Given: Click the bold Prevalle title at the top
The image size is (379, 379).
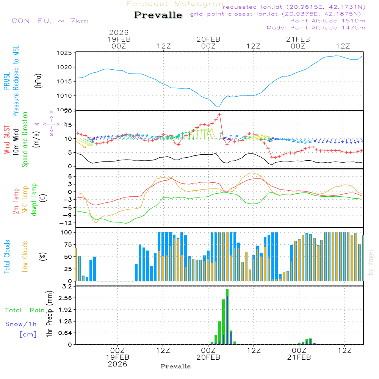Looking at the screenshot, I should [x=158, y=15].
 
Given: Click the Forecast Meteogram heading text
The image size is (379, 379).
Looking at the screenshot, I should [x=177, y=4].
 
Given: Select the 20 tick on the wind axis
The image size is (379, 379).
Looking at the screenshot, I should [x=68, y=111].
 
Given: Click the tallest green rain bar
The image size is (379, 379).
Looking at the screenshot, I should [x=227, y=316].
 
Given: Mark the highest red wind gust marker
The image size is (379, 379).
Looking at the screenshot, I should [x=219, y=114].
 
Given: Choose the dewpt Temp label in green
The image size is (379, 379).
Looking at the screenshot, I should [x=34, y=199].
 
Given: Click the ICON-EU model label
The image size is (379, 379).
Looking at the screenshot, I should [x=49, y=20].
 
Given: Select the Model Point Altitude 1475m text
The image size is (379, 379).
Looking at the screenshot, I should [x=316, y=28].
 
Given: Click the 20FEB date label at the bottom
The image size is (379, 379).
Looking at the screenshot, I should [x=208, y=357].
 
